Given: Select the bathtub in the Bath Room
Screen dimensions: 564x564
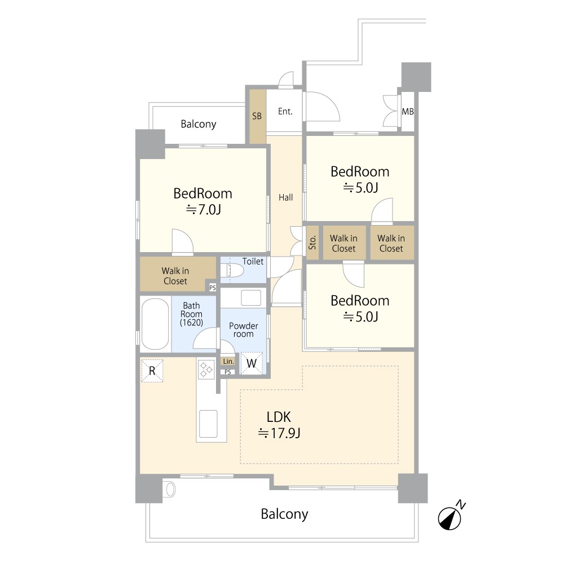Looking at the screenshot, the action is click(x=155, y=324).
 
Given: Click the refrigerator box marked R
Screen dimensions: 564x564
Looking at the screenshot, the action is click(x=152, y=371).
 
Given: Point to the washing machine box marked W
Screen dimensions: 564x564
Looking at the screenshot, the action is click(x=252, y=363).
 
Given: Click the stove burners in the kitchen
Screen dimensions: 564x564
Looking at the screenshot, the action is click(x=206, y=370).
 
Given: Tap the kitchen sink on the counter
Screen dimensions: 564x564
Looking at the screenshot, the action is click(x=208, y=424).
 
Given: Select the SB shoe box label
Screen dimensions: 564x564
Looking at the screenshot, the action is click(x=257, y=116).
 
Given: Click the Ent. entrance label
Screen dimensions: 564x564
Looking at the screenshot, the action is click(x=285, y=112).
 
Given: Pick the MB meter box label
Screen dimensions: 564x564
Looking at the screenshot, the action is click(x=408, y=112).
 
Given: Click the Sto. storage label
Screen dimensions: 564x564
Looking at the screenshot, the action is click(x=312, y=242).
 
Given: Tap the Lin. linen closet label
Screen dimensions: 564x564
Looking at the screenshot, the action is click(x=228, y=361).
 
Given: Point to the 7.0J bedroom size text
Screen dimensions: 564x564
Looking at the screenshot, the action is click(x=203, y=209).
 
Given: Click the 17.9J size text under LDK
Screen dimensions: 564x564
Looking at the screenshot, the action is click(x=279, y=433).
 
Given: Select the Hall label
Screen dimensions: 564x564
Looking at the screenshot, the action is click(x=285, y=197).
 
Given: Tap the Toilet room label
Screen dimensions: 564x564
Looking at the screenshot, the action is click(x=253, y=262).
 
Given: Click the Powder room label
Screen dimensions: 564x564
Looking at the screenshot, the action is click(x=244, y=330).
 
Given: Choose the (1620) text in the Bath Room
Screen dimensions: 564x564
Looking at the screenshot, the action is click(x=191, y=322).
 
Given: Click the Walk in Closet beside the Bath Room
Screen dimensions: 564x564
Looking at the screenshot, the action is click(x=175, y=276).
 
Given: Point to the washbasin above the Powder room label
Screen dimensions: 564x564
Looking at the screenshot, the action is click(x=251, y=298).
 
